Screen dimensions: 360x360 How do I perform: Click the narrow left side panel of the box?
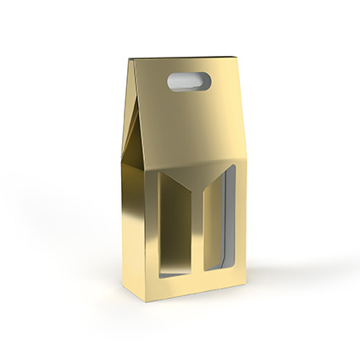[136, 220]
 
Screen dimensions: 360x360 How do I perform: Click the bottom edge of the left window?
[175, 274]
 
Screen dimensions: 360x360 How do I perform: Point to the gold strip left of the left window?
[154, 229]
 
